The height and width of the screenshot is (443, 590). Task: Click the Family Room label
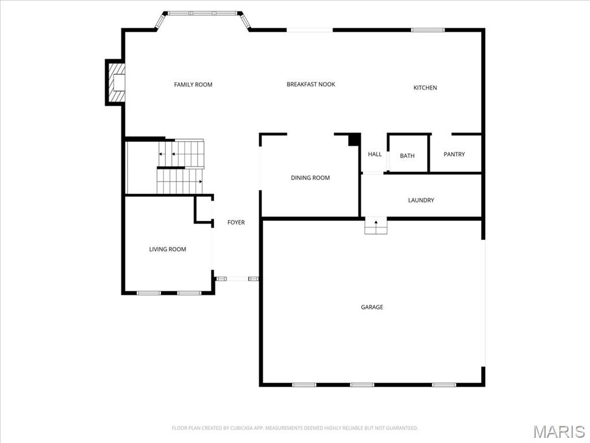coord(193,85)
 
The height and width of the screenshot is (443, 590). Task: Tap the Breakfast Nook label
coord(311,84)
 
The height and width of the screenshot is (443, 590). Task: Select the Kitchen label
coord(425,88)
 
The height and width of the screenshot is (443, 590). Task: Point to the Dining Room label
coord(310,178)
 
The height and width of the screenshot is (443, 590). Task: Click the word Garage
coord(372,307)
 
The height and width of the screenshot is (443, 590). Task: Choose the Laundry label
coord(421,200)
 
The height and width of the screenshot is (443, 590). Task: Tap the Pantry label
coord(454,154)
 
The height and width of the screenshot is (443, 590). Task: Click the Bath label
coord(407,156)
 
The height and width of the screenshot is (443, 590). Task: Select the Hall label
coord(375,154)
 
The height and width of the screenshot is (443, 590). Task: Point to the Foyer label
coord(236,222)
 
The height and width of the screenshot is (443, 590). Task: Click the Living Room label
coord(168,249)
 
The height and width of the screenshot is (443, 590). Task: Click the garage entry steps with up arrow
coord(376,226)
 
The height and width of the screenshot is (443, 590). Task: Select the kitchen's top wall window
coord(428,30)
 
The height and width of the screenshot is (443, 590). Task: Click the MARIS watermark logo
coord(559,431)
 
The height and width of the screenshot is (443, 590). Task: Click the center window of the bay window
coord(202,13)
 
